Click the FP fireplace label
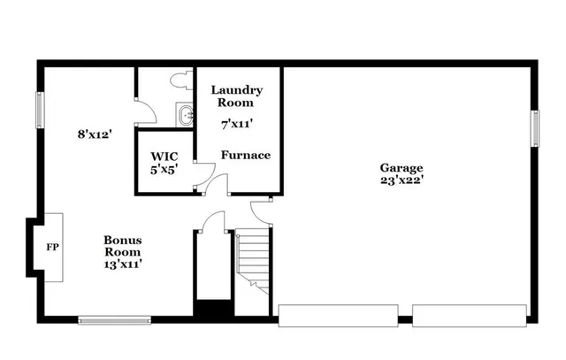coord(52,247)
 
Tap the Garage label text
coord(402,167)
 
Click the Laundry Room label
coord(237,96)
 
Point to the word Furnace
coord(246,155)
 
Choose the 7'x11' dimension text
coord(237,125)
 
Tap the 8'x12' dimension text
coord(94,135)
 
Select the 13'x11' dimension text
coord(123,263)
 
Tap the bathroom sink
coord(184,115)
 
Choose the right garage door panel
coord(469,316)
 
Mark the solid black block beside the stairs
coord(212,311)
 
